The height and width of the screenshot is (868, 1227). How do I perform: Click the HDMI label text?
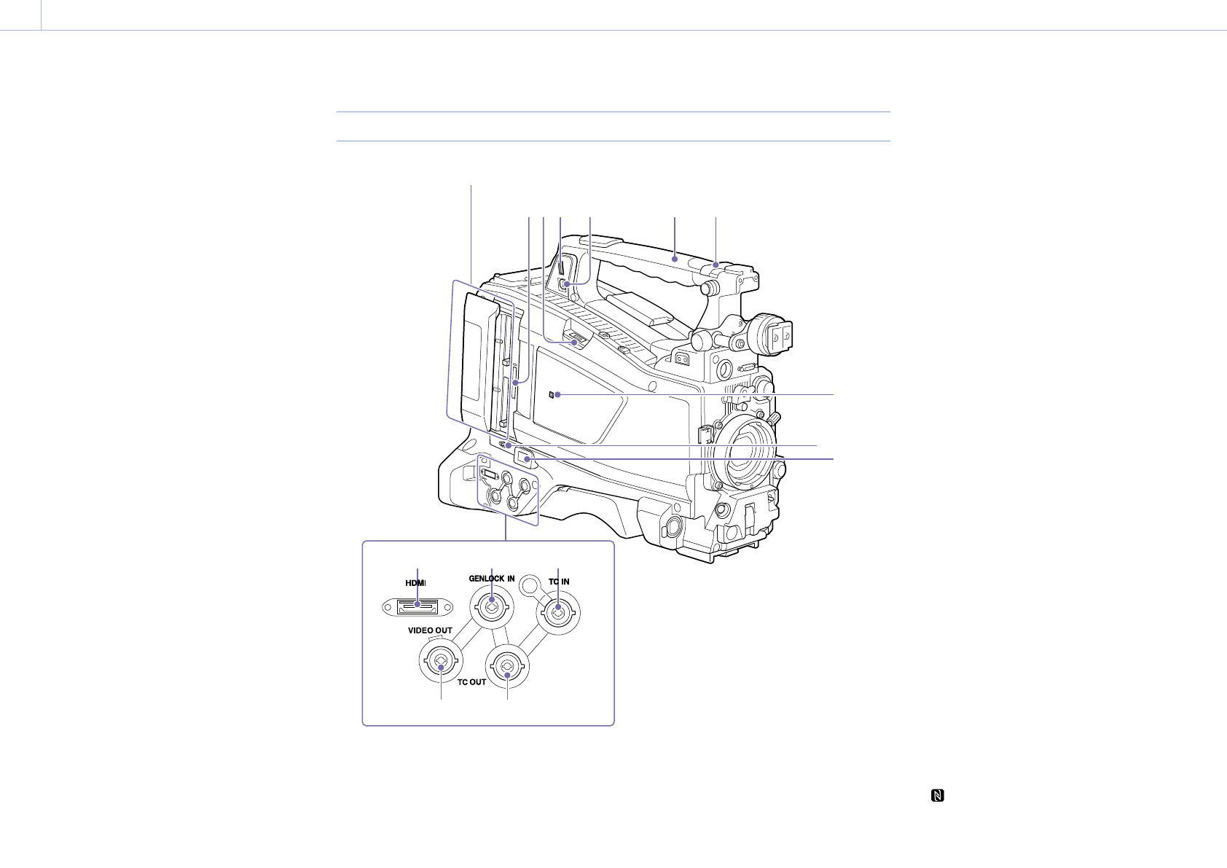[x=415, y=583]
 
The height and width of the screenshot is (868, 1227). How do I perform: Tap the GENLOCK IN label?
[x=491, y=578]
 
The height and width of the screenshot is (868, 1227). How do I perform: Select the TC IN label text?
[x=559, y=582]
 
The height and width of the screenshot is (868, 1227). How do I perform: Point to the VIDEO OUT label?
[x=430, y=630]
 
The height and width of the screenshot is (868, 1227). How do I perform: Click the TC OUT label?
[x=471, y=682]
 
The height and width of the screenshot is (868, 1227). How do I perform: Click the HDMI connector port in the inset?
[x=418, y=607]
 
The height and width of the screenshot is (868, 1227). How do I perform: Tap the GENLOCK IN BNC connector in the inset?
[x=492, y=607]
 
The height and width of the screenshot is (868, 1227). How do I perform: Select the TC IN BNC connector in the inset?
[x=557, y=613]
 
